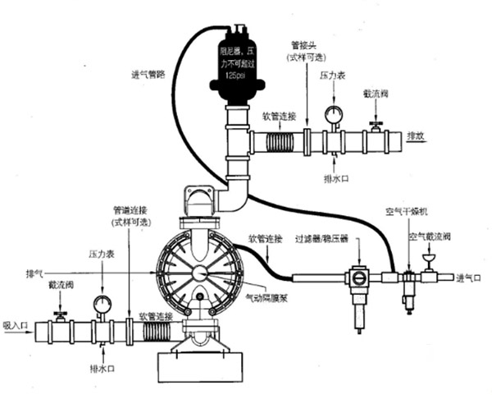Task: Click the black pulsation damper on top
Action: point(237,65)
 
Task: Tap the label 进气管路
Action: point(151,75)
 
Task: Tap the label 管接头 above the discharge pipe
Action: point(304,48)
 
